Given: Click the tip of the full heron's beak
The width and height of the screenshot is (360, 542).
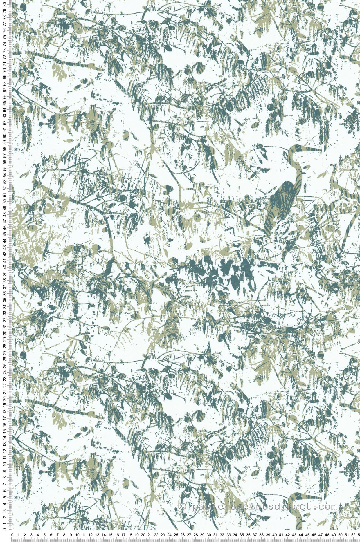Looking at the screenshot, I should pos(321,150).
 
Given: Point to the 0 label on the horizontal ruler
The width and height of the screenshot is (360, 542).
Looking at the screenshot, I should pos(12,535).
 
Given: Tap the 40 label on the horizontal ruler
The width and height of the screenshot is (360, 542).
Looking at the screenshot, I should pos(274,535).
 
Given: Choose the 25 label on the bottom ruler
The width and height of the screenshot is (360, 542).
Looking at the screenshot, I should pos(176,535).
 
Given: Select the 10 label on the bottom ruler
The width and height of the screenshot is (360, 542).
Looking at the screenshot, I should pos(78,535).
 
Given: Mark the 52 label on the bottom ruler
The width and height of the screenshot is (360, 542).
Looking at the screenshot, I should pos(353,535).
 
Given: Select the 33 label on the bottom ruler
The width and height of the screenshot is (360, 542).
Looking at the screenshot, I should pos(228,535).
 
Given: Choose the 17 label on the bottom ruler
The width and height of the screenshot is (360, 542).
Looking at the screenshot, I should pos(123,535).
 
